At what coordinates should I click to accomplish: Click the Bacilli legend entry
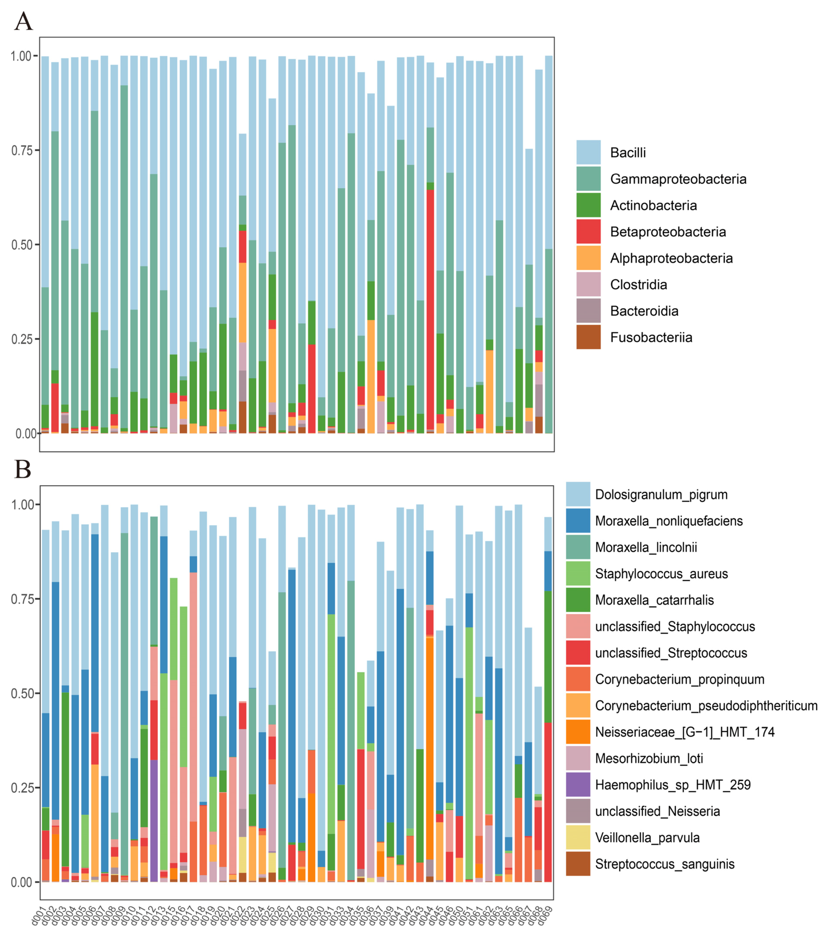[x=628, y=153]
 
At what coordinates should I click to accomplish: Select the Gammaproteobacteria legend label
[x=678, y=179]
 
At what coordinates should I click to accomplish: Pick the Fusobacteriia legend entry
[x=651, y=337]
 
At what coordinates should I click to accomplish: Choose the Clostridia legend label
[x=638, y=285]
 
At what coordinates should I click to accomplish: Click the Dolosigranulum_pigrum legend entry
[x=661, y=494]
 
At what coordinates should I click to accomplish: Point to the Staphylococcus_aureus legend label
[x=661, y=574]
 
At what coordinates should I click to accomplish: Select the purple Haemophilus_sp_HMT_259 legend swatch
[x=578, y=785]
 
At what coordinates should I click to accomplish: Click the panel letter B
[x=23, y=470]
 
